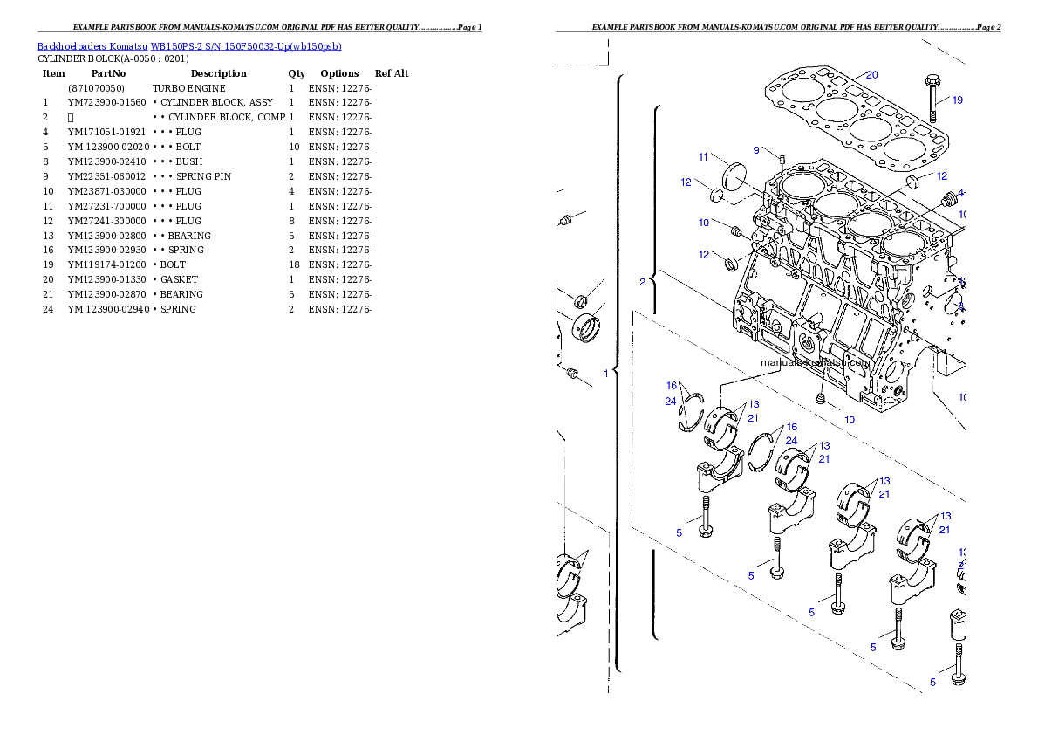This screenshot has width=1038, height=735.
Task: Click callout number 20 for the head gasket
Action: tap(872, 75)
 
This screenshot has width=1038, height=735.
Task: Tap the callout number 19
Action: tap(958, 100)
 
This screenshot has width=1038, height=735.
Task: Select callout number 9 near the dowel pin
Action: tap(757, 150)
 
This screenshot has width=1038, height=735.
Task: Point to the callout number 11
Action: tap(703, 157)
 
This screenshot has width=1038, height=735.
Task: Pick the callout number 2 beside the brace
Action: tap(643, 282)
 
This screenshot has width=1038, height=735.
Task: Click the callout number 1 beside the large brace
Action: tap(606, 373)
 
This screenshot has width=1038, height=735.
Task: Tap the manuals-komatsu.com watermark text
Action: tap(816, 363)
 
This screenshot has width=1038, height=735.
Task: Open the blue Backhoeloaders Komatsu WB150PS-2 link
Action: tap(189, 45)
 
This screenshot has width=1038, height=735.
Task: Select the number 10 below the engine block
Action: tap(849, 420)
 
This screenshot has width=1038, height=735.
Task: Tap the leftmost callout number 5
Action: tap(679, 533)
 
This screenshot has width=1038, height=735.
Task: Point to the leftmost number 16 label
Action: tap(672, 386)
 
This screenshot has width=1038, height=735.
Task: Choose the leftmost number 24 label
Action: tap(670, 402)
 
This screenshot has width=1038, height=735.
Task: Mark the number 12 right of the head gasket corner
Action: tap(941, 176)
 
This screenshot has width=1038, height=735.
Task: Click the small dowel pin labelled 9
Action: tap(782, 160)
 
